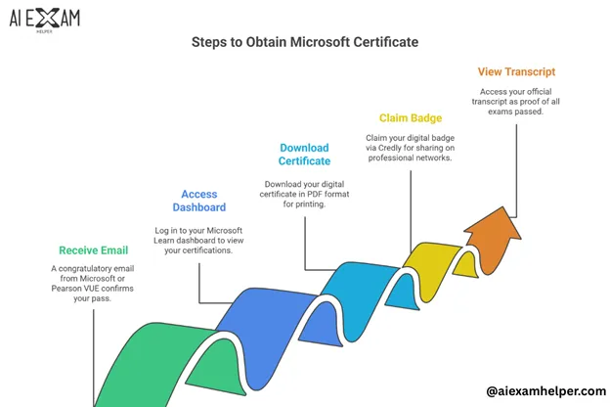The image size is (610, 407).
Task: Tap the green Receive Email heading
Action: [x=94, y=250]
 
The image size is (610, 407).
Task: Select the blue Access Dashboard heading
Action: [x=199, y=201]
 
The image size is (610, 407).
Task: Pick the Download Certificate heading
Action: [x=305, y=155]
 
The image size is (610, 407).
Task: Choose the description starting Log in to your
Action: [x=199, y=240]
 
